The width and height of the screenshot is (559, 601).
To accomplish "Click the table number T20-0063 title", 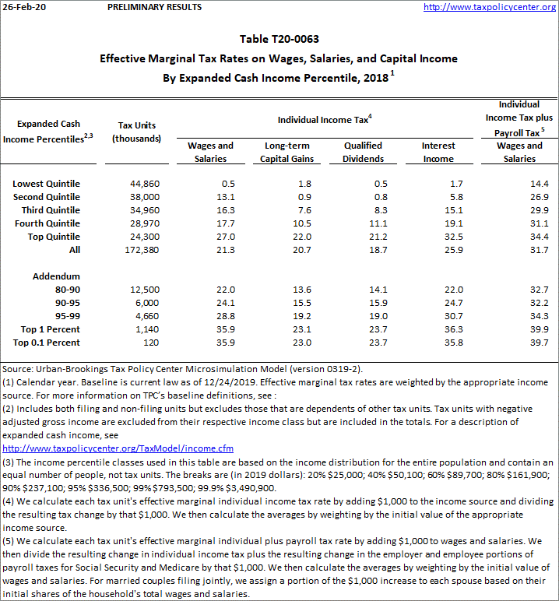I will point(279,39).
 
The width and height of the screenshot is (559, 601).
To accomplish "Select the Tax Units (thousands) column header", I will point(136,132).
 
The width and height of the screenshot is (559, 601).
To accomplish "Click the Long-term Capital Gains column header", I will point(288,152).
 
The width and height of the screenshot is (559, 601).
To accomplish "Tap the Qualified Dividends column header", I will point(364,152).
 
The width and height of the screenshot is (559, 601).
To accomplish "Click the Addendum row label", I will point(56,276).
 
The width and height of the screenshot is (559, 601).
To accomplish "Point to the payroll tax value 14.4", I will point(539,184).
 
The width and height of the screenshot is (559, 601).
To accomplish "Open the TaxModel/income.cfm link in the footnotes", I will point(118,449).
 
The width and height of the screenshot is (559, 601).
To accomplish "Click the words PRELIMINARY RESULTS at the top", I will point(153,7).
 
